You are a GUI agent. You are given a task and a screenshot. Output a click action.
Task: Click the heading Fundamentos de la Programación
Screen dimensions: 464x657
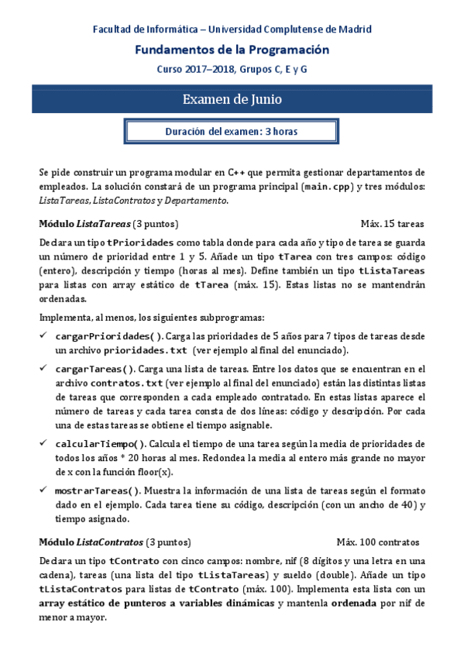pyautogui.click(x=232, y=50)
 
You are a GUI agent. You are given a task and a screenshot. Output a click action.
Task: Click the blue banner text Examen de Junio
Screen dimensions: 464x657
pyautogui.click(x=232, y=100)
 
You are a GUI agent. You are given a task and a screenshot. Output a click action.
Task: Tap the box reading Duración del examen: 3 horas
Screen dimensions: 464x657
pyautogui.click(x=232, y=132)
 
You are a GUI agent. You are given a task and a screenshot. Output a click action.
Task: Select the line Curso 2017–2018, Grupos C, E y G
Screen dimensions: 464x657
pyautogui.click(x=232, y=69)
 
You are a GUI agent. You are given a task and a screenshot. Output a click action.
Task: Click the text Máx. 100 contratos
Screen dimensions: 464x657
pyautogui.click(x=378, y=542)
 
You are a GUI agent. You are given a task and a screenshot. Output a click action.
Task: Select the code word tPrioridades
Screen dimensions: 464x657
pyautogui.click(x=135, y=242)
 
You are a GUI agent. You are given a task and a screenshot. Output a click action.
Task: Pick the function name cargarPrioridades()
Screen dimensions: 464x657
pyautogui.click(x=109, y=336)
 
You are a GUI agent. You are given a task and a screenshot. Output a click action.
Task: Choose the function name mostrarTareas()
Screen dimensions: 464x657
pyautogui.click(x=98, y=490)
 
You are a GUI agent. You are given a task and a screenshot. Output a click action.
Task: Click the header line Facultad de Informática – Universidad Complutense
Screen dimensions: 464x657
pyautogui.click(x=232, y=29)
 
